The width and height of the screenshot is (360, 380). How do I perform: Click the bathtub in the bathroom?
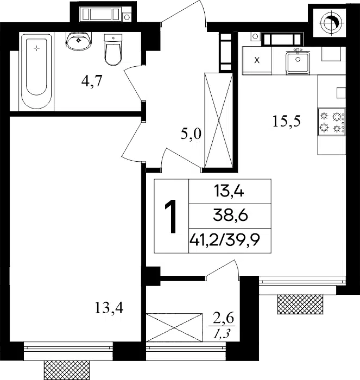(x=36, y=71)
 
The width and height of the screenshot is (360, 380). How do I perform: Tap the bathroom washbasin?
(x=78, y=41)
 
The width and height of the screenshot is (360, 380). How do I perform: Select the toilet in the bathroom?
(x=113, y=49)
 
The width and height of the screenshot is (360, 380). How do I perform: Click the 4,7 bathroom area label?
(x=92, y=81)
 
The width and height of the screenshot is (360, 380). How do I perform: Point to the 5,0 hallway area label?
(x=191, y=134)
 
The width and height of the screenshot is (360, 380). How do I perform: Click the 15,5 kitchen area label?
(x=287, y=121)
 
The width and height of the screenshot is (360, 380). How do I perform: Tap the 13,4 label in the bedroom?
(x=109, y=308)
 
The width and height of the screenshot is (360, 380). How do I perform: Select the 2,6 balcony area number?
(x=224, y=319)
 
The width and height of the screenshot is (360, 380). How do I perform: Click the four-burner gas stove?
(x=332, y=122)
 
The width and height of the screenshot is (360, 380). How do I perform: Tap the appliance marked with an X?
(x=257, y=60)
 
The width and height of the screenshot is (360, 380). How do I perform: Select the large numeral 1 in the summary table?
(x=172, y=217)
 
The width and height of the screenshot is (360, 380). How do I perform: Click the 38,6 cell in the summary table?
(x=230, y=216)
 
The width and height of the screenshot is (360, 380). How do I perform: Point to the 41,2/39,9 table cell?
(x=225, y=240)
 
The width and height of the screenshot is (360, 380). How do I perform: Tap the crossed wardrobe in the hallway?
(x=219, y=120)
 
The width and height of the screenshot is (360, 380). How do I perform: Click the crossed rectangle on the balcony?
(x=174, y=327)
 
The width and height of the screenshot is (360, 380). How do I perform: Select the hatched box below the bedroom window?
(x=66, y=370)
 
